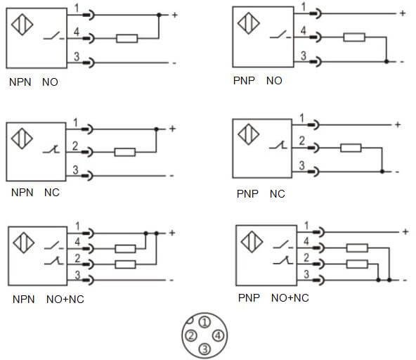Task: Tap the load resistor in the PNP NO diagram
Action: click(x=354, y=37)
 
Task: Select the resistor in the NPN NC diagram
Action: click(x=124, y=151)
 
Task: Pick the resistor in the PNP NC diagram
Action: click(x=351, y=148)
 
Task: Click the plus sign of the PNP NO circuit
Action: click(x=402, y=13)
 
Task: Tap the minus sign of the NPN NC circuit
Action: click(x=172, y=175)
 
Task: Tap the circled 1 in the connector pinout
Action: click(x=204, y=322)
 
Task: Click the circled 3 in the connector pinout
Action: click(x=204, y=349)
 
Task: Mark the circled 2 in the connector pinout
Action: click(x=190, y=335)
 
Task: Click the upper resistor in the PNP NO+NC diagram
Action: click(x=357, y=247)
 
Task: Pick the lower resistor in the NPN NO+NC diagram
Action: click(x=125, y=264)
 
